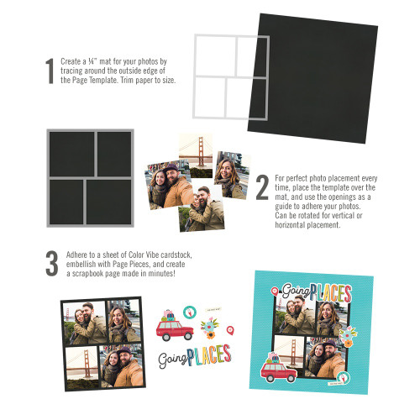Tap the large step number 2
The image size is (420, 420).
point(262,187)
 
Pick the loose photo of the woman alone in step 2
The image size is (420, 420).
point(231,175)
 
